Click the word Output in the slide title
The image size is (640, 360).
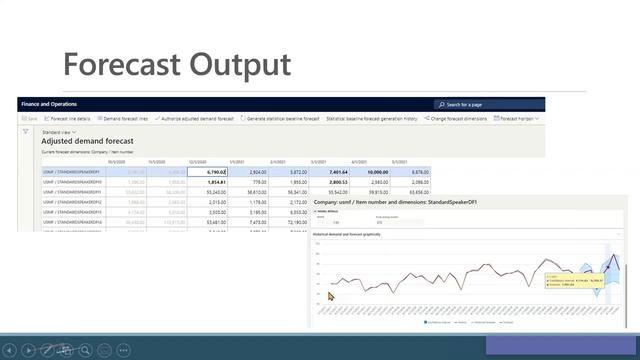(x=246, y=65)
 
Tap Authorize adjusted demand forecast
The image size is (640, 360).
(x=196, y=118)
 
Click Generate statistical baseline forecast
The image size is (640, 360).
(x=282, y=118)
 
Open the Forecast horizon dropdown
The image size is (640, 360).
(x=519, y=118)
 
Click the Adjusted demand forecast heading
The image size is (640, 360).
(x=87, y=141)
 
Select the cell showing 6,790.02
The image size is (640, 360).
(x=208, y=172)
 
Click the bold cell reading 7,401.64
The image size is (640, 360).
(x=329, y=172)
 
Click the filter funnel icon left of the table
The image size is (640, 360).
(x=26, y=131)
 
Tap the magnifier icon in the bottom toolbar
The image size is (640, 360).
(x=86, y=351)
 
